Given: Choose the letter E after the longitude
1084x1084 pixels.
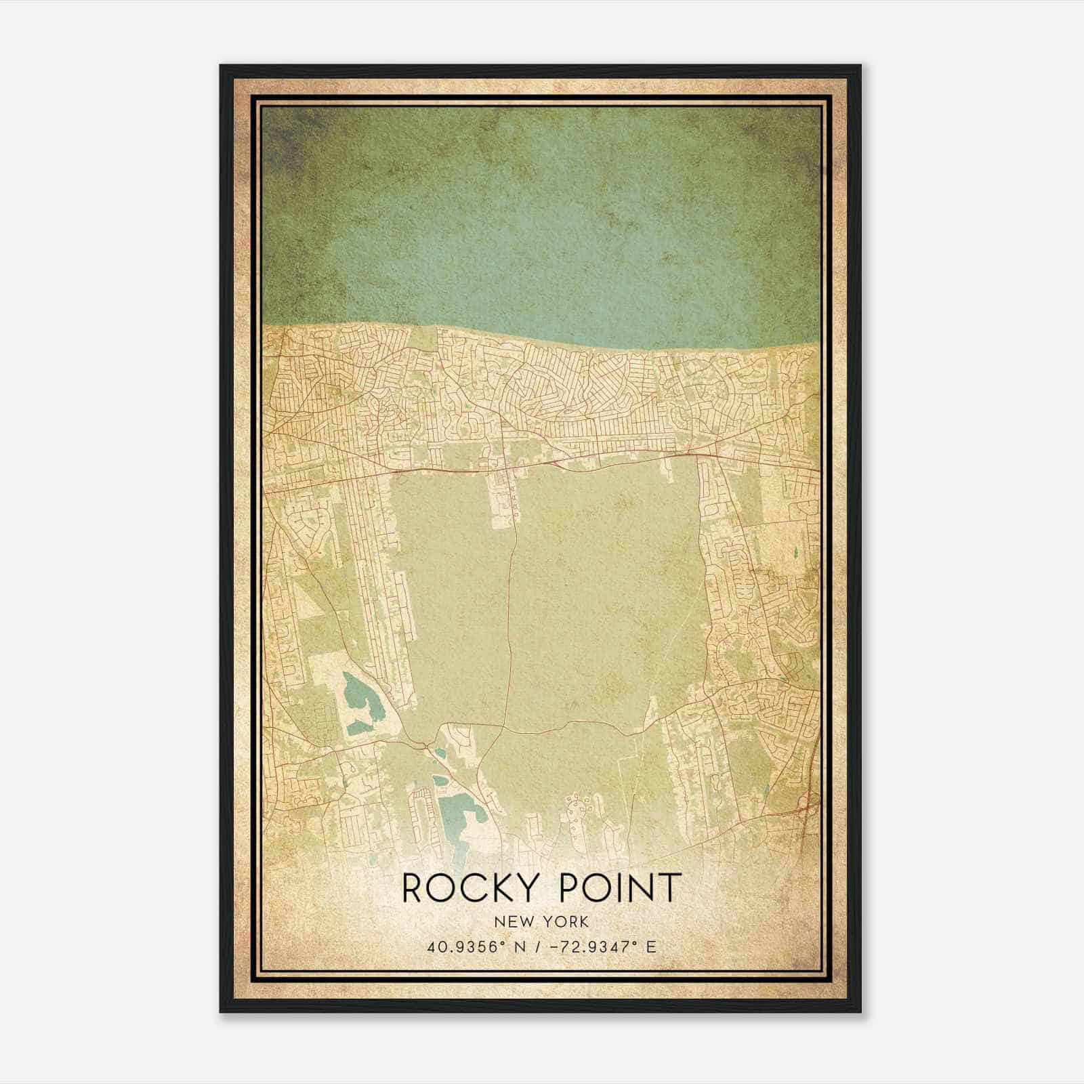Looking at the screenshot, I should tap(651, 947).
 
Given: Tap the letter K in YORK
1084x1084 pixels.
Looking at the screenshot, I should tap(583, 922).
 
